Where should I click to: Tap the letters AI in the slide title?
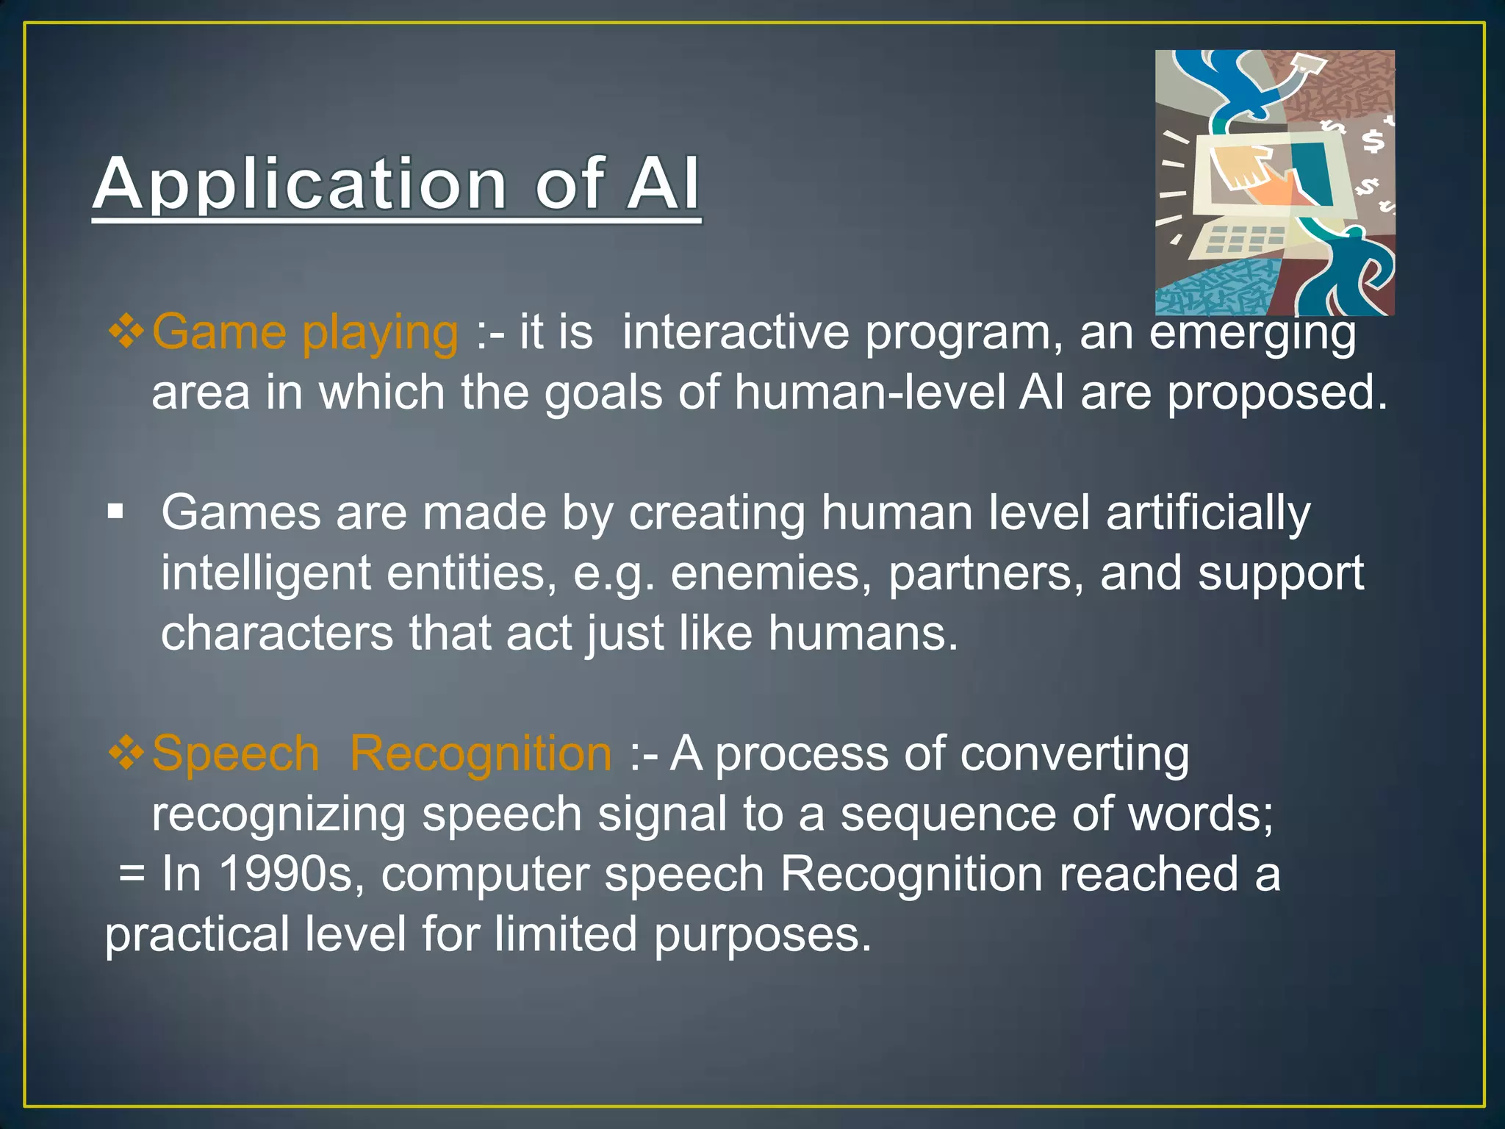(662, 184)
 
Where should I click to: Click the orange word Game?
(218, 332)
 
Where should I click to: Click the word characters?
(277, 633)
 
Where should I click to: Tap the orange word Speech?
(235, 754)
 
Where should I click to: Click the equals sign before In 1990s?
(132, 874)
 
